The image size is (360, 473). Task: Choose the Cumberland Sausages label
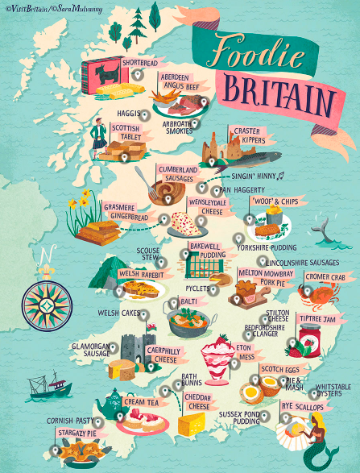coord(176,173)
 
